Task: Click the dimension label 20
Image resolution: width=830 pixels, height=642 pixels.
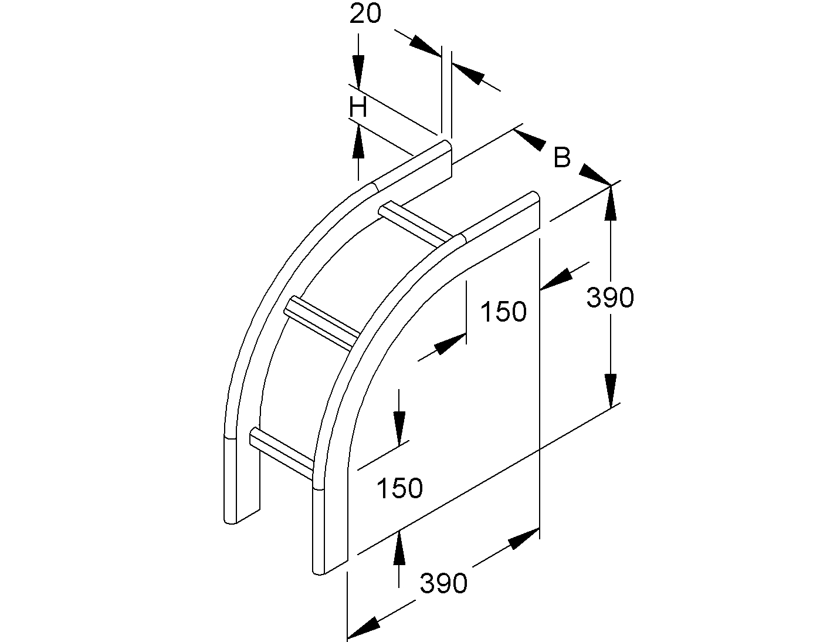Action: (x=365, y=13)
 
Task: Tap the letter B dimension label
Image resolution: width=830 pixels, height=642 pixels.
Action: (x=562, y=157)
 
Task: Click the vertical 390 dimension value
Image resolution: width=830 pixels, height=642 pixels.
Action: (x=610, y=298)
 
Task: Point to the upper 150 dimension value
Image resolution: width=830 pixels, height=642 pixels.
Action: (x=503, y=312)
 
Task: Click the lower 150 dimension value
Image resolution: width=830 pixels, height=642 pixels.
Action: (x=399, y=488)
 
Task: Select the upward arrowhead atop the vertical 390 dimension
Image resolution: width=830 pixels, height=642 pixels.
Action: (x=610, y=203)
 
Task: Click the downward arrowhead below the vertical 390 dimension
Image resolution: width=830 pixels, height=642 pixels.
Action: (x=610, y=391)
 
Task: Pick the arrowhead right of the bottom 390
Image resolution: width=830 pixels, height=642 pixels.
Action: (x=523, y=539)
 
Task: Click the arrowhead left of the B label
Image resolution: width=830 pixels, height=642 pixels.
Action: (x=530, y=140)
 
